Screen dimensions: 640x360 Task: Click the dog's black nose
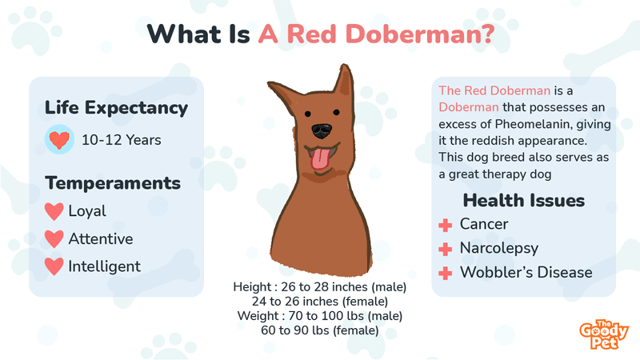pos(322,130)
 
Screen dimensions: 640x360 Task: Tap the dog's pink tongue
pos(321,159)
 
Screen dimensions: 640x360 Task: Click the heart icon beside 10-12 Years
pos(59,139)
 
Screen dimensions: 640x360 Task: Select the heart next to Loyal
pos(54,211)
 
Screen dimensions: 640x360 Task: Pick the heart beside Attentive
pos(54,238)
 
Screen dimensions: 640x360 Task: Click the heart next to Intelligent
pos(54,266)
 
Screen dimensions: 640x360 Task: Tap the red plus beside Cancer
pos(446,225)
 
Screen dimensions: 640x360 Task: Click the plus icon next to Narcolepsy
pos(446,249)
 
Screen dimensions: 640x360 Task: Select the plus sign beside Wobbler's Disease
pos(446,273)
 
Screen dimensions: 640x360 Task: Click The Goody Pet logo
pos(604,334)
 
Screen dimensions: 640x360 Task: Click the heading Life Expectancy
pos(116,108)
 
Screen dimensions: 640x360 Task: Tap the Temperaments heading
pos(113,183)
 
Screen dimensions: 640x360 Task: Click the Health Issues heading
pos(524,201)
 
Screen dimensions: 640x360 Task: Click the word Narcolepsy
pos(499,249)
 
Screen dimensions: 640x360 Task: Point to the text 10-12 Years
pos(122,140)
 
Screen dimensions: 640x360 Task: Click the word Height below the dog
pos(252,287)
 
